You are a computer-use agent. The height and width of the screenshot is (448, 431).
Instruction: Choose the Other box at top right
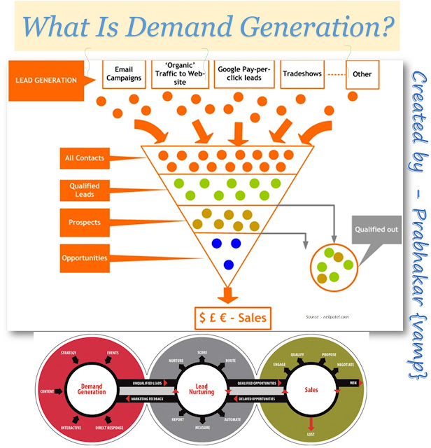click(362, 73)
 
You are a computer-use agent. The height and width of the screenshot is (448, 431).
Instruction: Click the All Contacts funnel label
click(85, 158)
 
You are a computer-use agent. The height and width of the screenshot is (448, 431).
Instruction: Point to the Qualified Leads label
click(85, 190)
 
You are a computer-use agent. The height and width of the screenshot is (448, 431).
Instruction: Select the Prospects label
click(85, 223)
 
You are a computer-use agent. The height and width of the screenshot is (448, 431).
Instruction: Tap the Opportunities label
click(85, 258)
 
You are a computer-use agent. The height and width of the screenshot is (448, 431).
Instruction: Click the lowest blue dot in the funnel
click(227, 265)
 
